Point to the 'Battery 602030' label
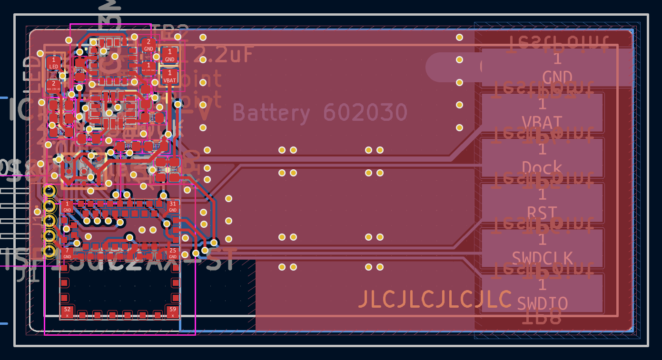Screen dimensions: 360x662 click(x=320, y=113)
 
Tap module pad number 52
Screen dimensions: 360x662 click(x=67, y=312)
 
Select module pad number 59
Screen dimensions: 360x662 click(x=172, y=312)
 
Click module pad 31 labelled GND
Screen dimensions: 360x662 click(x=172, y=206)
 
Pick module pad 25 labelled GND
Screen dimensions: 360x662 click(x=173, y=253)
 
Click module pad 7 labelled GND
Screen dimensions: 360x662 click(x=67, y=253)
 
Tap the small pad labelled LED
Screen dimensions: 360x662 click(x=54, y=63)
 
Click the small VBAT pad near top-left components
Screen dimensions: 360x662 click(x=169, y=77)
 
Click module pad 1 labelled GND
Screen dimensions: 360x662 click(x=67, y=206)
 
